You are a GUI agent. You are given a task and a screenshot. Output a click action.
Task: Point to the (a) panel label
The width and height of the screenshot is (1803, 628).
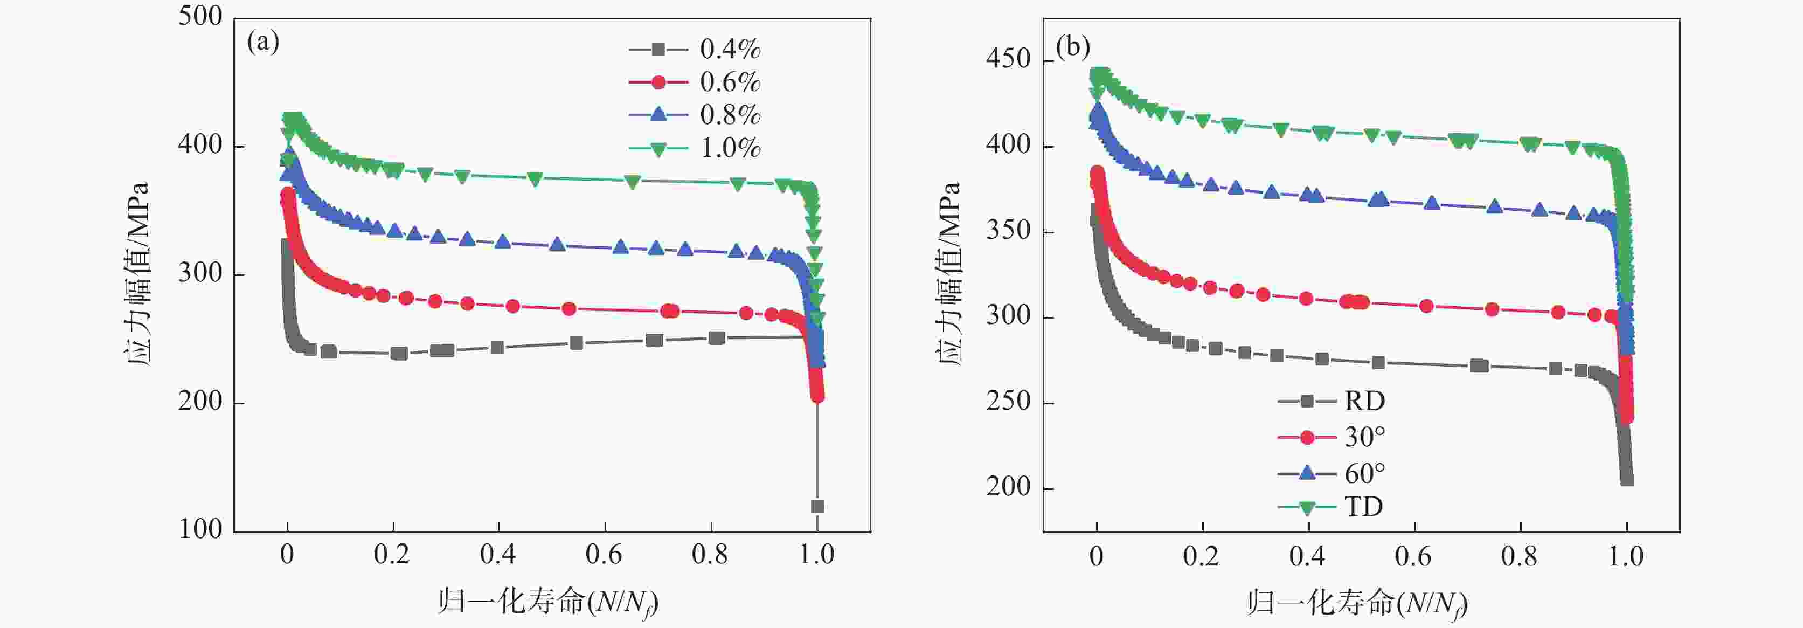263,43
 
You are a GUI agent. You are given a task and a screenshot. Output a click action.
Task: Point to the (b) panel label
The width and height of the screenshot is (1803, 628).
1073,47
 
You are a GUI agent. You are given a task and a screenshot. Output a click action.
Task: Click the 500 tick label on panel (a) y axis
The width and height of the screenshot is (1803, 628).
200,16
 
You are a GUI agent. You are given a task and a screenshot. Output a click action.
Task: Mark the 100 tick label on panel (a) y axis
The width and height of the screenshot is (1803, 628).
200,529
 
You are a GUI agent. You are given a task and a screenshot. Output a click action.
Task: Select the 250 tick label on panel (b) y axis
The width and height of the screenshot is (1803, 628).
1009,402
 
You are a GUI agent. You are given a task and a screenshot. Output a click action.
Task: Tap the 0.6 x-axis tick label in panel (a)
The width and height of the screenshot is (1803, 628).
604,555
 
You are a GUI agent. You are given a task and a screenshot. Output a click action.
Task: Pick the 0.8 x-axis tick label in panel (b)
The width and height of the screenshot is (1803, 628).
1519,556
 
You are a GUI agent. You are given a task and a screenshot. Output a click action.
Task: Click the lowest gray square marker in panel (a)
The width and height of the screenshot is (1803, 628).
817,506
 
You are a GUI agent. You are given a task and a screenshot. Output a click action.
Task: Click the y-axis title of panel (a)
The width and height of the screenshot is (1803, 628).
138,274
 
